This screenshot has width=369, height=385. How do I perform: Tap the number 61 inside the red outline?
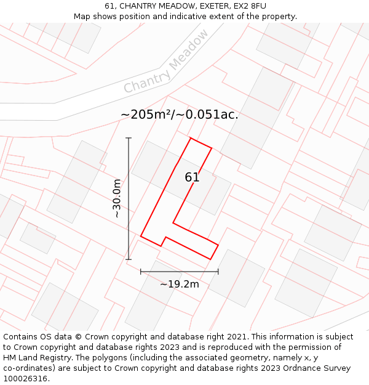coord(192,177)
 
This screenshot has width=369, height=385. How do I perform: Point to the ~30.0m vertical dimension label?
coord(117,198)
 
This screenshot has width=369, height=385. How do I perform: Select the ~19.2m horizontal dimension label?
coord(180,284)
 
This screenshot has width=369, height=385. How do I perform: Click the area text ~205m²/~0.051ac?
coord(180,115)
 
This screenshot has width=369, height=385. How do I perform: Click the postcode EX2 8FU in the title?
coord(250,6)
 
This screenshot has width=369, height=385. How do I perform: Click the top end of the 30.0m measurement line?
coord(129,138)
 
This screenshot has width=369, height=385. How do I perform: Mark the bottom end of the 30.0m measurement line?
coord(129,259)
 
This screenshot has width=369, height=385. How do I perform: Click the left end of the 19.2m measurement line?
coord(141,271)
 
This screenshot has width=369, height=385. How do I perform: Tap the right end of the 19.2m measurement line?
coord(218,271)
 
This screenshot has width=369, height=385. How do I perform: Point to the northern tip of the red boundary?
coord(191,138)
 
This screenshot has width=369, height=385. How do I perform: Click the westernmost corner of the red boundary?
coord(141,236)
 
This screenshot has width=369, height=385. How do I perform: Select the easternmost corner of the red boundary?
coord(218,245)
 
